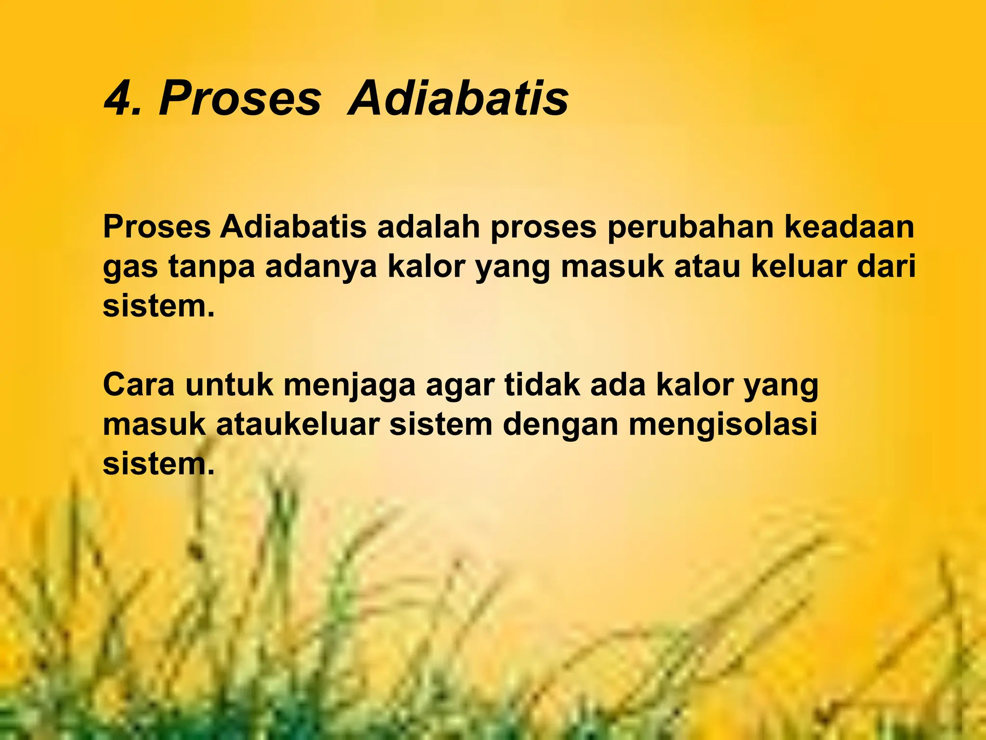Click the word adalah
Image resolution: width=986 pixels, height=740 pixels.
click(428, 227)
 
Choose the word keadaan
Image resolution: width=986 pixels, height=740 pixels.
click(849, 227)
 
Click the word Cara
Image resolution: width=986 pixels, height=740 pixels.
click(139, 385)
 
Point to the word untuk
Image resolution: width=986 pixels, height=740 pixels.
click(229, 385)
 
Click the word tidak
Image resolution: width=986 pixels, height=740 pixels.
click(542, 385)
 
